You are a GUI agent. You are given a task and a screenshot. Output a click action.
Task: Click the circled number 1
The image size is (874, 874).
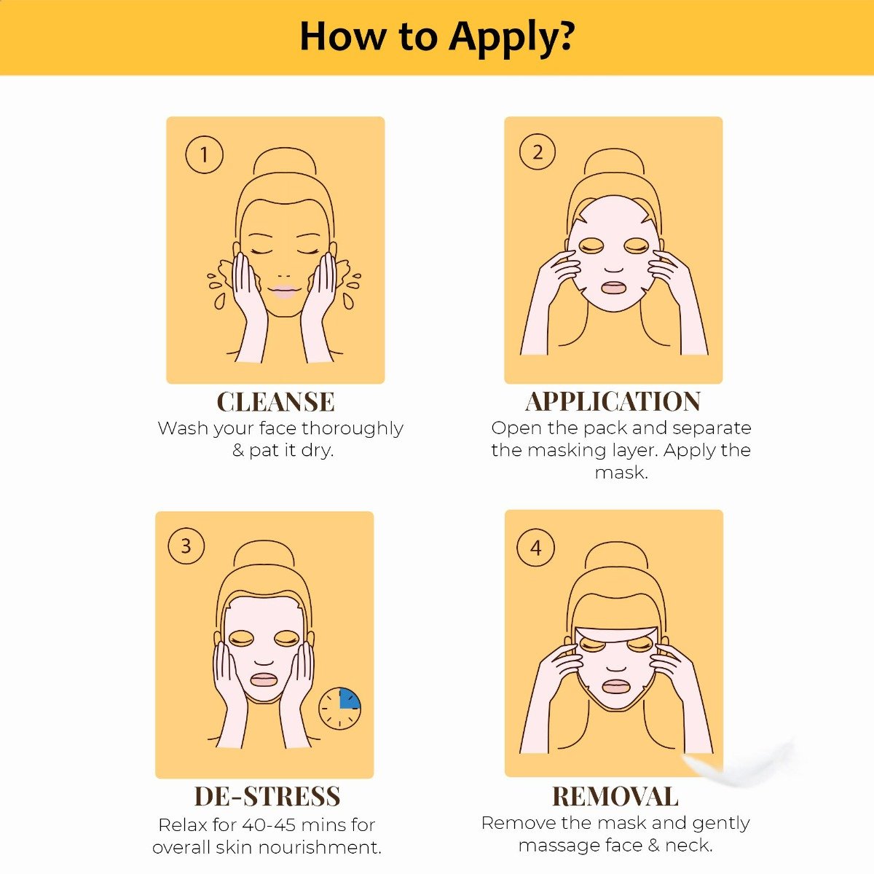pos(204,154)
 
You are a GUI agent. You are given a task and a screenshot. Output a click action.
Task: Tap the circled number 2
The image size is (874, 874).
pos(538,151)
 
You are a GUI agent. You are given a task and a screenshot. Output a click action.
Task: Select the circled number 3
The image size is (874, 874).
pos(186,546)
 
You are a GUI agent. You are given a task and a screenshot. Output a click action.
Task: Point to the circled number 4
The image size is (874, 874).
pos(536,548)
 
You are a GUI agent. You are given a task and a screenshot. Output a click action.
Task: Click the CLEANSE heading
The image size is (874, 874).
pos(275,402)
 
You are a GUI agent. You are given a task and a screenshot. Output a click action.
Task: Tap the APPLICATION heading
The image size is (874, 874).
pos(613,401)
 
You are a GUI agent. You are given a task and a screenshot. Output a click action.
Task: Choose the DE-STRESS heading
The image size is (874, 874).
pos(267,796)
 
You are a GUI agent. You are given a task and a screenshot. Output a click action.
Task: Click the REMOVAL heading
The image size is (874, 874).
pos(615,796)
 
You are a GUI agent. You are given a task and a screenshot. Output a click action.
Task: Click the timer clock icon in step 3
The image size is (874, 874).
pos(339,707)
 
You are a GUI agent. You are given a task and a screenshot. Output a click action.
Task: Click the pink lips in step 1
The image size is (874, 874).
pos(283,293)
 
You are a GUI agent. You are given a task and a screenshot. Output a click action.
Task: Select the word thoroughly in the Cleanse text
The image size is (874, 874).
pos(353,428)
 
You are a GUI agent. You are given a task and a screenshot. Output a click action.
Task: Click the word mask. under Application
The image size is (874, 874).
pos(621,473)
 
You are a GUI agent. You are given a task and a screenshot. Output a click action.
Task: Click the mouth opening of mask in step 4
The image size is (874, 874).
pos(615,686)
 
